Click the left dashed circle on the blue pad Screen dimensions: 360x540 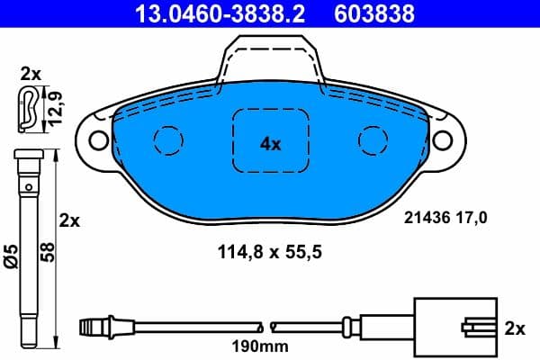(166, 139)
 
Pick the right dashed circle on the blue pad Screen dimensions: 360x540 (372, 139)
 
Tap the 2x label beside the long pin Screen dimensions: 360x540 (69, 220)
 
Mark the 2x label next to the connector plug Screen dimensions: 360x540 (514, 328)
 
